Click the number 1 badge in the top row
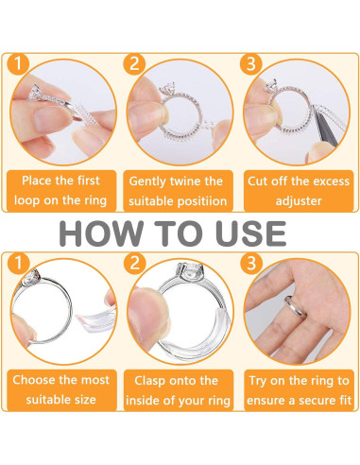18,63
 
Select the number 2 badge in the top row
134,63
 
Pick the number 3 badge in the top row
250,63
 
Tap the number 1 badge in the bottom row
18,263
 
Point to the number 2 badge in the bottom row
134,263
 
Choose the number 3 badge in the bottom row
250,263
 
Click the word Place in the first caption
37,181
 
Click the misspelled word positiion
200,201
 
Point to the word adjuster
299,200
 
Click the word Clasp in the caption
149,381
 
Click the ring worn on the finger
296,307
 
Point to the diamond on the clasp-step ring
189,271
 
